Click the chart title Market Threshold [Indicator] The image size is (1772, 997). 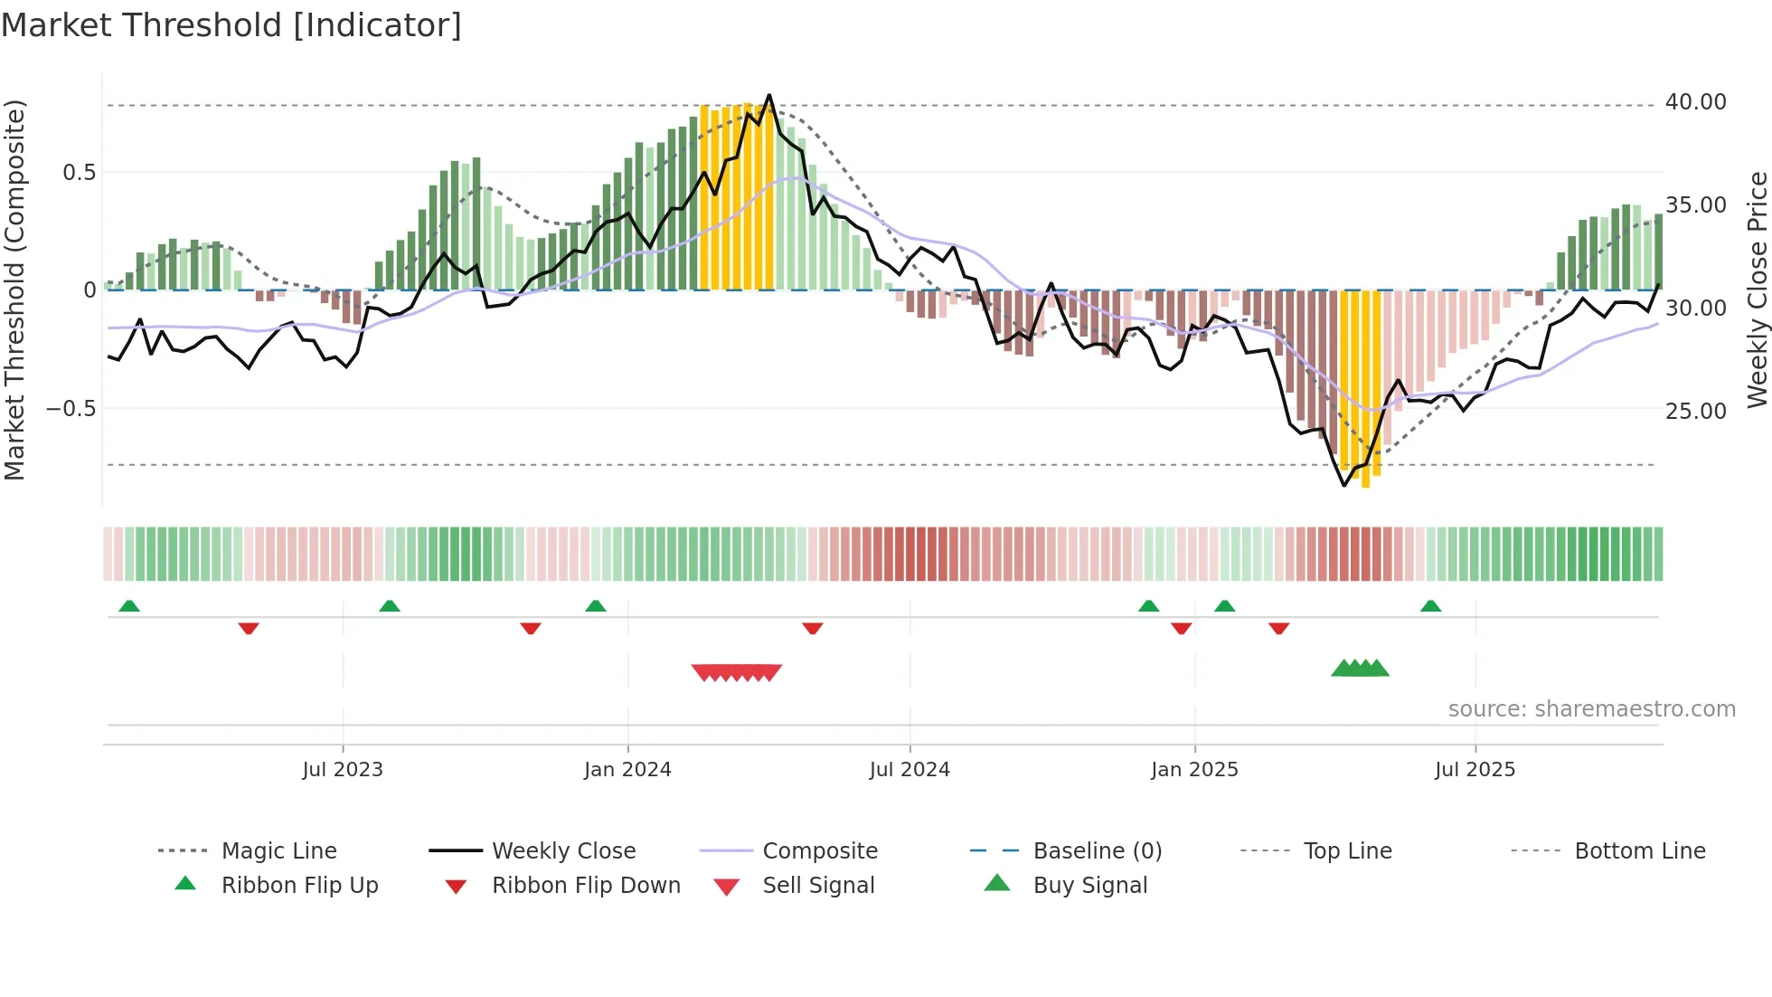click(231, 25)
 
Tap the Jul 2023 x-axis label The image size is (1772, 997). click(343, 770)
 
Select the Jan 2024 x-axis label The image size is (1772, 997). click(627, 770)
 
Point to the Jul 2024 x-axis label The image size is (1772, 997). click(910, 770)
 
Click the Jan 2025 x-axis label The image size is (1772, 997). click(1194, 770)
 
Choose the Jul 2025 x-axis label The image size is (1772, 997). click(1475, 770)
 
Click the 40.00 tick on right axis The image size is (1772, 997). click(1696, 102)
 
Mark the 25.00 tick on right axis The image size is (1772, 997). click(1696, 411)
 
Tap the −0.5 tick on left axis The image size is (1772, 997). click(71, 409)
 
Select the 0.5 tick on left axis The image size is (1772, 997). click(79, 173)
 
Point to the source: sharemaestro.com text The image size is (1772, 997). click(1591, 709)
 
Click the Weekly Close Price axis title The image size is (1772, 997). click(1757, 290)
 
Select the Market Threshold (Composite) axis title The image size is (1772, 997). click(14, 290)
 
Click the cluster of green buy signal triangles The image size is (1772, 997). click(1360, 669)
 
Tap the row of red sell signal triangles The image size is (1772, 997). click(737, 672)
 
